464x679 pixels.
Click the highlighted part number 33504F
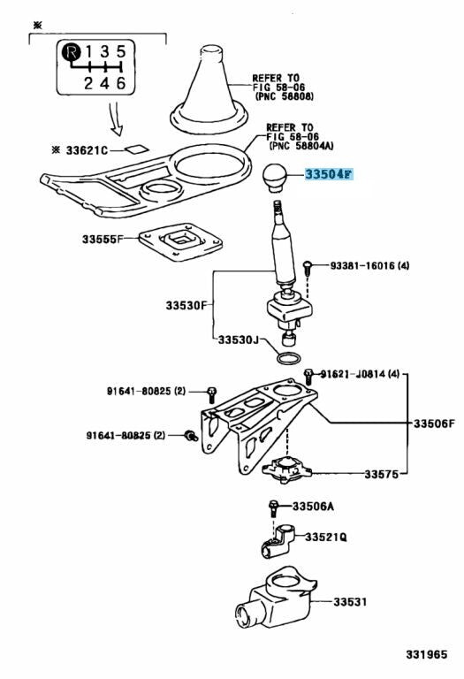(x=330, y=174)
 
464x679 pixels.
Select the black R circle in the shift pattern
(x=72, y=53)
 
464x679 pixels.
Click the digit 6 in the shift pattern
(x=121, y=83)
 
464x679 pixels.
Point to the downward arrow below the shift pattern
(x=115, y=119)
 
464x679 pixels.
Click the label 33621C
(x=86, y=150)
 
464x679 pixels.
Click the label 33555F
(x=103, y=239)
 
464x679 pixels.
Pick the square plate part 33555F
(x=180, y=241)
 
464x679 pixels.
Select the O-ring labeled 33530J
(x=288, y=359)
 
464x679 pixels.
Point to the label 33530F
(x=186, y=305)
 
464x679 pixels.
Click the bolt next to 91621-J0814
(x=308, y=377)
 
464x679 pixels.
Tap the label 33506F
(x=434, y=423)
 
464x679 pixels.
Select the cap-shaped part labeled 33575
(x=286, y=470)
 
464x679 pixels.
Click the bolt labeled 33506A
(x=274, y=508)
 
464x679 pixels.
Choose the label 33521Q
(x=326, y=537)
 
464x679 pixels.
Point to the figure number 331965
(x=426, y=654)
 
